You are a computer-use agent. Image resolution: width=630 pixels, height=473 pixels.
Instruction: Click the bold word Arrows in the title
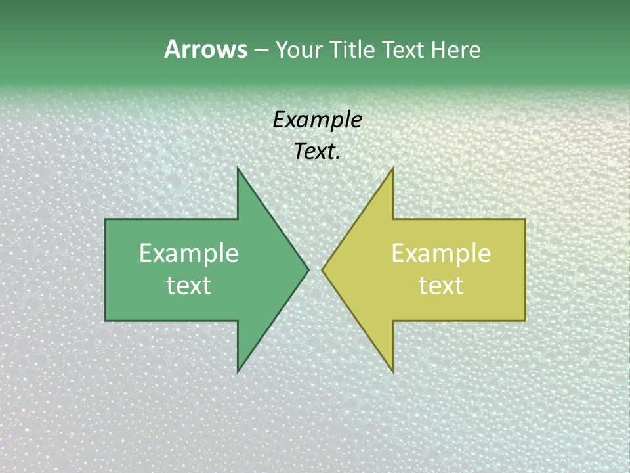pyautogui.click(x=205, y=49)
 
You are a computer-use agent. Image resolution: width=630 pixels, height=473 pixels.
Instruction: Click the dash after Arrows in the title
pyautogui.click(x=261, y=50)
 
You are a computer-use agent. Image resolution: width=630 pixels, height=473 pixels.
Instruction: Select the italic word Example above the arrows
pyautogui.click(x=317, y=120)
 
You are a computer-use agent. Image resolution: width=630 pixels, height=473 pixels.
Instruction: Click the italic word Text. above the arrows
pyautogui.click(x=317, y=152)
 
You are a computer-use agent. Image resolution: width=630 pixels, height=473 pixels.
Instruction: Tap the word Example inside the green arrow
pyautogui.click(x=189, y=253)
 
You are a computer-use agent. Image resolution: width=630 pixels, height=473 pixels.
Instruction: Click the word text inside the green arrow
pyautogui.click(x=189, y=285)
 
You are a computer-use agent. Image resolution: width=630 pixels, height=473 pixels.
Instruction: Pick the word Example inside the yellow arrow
pyautogui.click(x=441, y=253)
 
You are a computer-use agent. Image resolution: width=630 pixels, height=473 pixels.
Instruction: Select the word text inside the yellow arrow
pyautogui.click(x=441, y=285)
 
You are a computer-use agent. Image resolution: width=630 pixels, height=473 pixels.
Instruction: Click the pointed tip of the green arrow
pyautogui.click(x=308, y=269)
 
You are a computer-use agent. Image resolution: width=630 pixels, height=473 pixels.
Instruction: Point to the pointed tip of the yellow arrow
pyautogui.click(x=323, y=269)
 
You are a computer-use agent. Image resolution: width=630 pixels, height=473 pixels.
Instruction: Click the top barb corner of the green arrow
pyautogui.click(x=238, y=168)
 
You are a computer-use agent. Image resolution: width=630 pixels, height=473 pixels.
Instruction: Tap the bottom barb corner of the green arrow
pyautogui.click(x=238, y=372)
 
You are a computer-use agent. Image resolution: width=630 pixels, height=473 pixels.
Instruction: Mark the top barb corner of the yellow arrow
pyautogui.click(x=392, y=168)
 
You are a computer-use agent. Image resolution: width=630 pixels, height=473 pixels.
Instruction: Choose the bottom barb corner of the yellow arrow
pyautogui.click(x=392, y=372)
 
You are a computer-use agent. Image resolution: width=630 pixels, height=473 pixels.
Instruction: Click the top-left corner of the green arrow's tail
pyautogui.click(x=106, y=219)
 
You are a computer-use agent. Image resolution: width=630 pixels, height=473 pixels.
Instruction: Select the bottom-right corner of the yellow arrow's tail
pyautogui.click(x=525, y=321)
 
